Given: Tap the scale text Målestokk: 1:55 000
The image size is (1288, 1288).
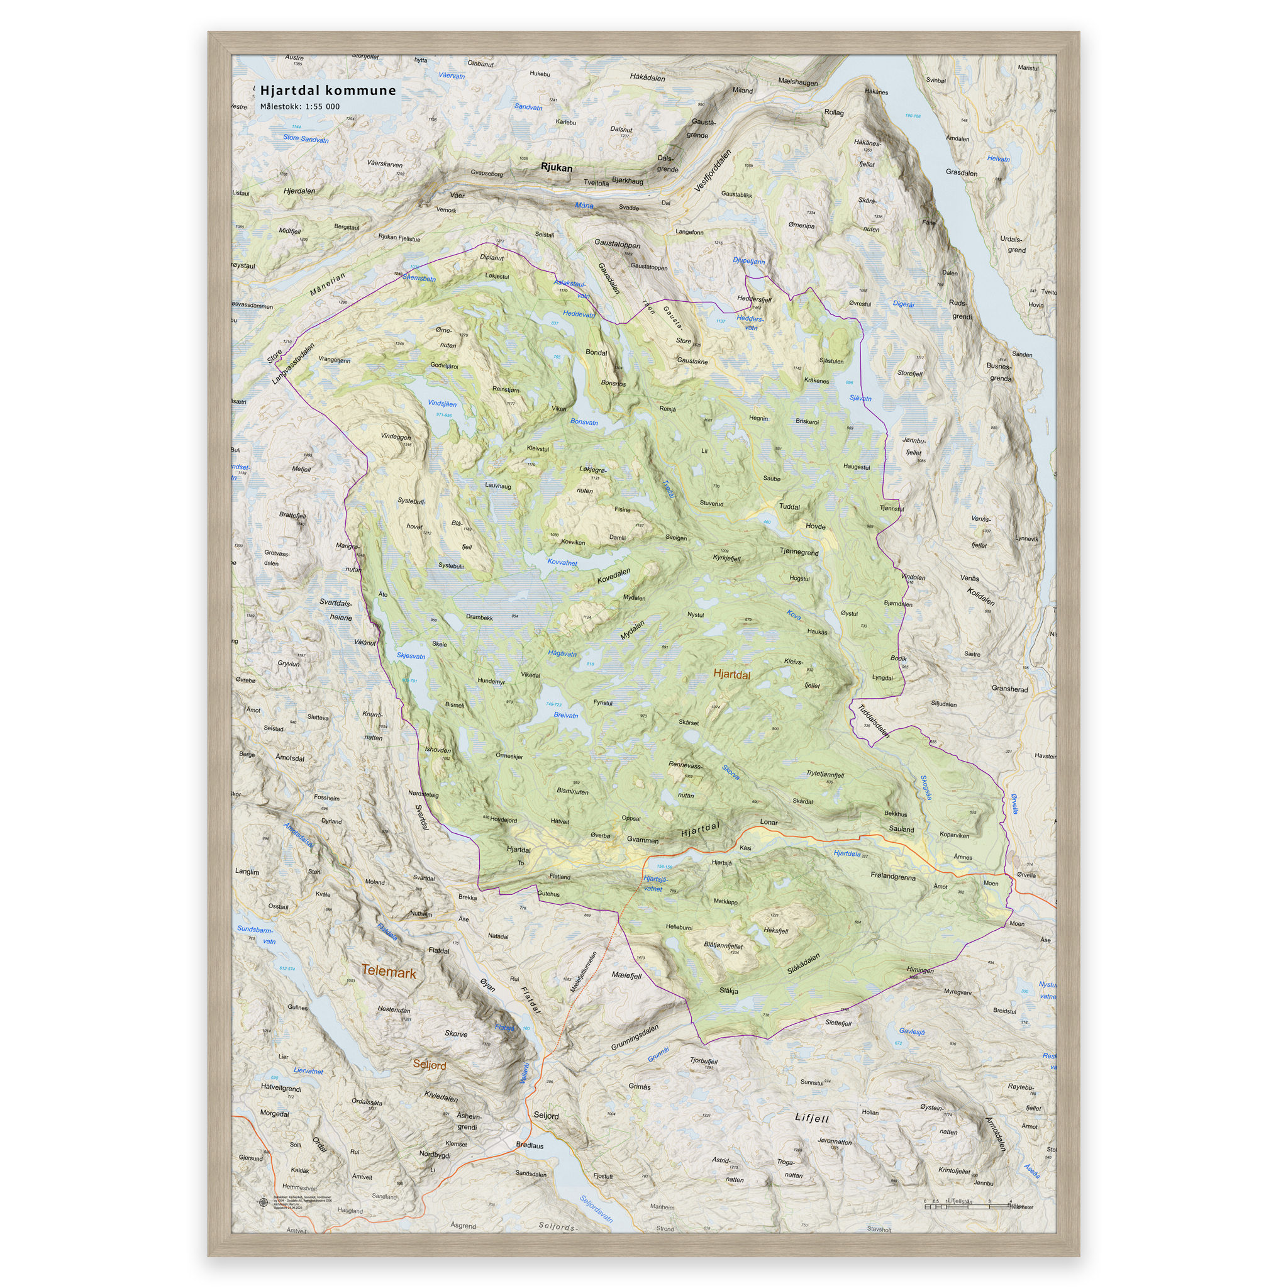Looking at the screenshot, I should point(299,107).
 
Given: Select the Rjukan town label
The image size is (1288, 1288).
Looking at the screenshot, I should point(556,167).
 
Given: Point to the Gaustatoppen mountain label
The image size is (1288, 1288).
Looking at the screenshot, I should point(617,245).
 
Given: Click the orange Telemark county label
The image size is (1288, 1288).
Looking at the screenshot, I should point(389,973).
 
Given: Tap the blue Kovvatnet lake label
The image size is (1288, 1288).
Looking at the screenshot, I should point(562,563).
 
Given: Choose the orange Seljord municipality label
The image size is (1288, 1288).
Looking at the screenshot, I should point(430,1065).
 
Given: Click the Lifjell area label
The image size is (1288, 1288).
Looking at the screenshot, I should point(811,1118).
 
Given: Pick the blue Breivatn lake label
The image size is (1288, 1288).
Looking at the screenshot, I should point(566,715).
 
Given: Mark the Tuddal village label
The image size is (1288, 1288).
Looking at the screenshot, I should point(789,507).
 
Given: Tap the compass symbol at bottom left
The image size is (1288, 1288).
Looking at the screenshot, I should point(262,1202).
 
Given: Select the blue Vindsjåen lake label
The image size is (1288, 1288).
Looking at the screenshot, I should point(442,404).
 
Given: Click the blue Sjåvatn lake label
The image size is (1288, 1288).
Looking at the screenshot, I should point(860,399).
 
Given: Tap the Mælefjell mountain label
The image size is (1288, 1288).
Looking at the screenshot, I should point(626,975).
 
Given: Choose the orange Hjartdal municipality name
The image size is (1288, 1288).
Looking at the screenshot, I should point(731,675).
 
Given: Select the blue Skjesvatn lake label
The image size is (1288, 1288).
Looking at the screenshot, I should point(411,656).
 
